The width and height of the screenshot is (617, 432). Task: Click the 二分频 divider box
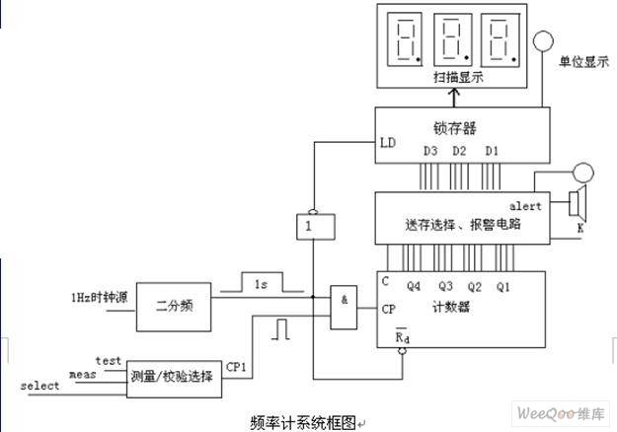tap(174, 307)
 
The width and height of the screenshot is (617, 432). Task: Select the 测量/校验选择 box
tap(174, 379)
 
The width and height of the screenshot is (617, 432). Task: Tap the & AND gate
tap(344, 307)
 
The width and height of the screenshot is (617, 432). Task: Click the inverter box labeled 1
tap(316, 227)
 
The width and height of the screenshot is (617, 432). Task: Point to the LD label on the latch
tap(388, 143)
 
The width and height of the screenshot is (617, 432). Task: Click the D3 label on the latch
tap(430, 151)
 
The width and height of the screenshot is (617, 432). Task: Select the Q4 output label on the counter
tap(414, 286)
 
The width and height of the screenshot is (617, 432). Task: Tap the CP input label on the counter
tap(388, 310)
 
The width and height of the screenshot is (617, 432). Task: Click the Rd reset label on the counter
tap(402, 336)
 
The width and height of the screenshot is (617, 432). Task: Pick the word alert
tap(525, 206)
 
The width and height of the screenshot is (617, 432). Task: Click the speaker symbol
tap(578, 203)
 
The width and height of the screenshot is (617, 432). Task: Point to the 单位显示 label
tap(584, 62)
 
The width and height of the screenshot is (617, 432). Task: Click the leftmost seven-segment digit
tap(405, 39)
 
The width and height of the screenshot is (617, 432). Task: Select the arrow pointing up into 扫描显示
tap(454, 98)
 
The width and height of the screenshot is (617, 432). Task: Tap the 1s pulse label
tap(261, 284)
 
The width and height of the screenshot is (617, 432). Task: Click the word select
tap(39, 386)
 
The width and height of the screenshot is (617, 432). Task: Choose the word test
tap(109, 360)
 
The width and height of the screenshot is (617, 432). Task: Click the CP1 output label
tap(236, 367)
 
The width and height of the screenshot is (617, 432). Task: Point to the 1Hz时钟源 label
tap(99, 297)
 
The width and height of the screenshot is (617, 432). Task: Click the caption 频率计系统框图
tap(303, 422)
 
